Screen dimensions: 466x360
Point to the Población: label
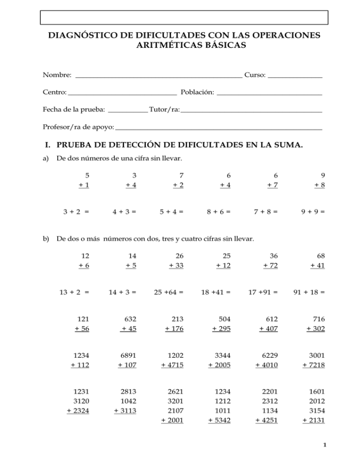(197, 93)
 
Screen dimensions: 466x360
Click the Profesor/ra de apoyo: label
(78, 127)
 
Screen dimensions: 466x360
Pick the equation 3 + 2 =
(76, 211)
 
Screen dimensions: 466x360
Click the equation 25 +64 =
(168, 292)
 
